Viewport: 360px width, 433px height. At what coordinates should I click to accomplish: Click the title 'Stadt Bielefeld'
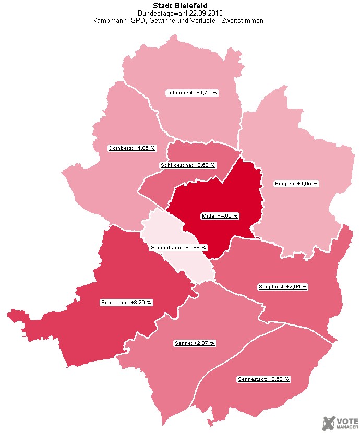pyautogui.click(x=180, y=6)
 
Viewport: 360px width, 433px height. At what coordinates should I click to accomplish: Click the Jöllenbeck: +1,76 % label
pyautogui.click(x=191, y=92)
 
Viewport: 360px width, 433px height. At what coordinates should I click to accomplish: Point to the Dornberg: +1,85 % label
pyautogui.click(x=132, y=148)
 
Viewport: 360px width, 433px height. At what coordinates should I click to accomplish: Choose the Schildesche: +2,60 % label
pyautogui.click(x=187, y=165)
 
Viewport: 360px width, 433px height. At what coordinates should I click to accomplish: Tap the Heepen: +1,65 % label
pyautogui.click(x=296, y=183)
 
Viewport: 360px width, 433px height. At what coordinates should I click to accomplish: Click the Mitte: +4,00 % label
pyautogui.click(x=220, y=215)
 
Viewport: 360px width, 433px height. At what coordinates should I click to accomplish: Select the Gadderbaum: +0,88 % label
pyautogui.click(x=178, y=247)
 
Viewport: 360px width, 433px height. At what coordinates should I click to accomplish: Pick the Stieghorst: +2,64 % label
pyautogui.click(x=283, y=286)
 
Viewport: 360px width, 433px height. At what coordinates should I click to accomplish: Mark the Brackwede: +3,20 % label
pyautogui.click(x=126, y=302)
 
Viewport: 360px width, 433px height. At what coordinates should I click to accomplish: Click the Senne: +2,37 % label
pyautogui.click(x=194, y=343)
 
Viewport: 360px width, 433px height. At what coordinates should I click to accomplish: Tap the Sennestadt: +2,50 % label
pyautogui.click(x=263, y=378)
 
